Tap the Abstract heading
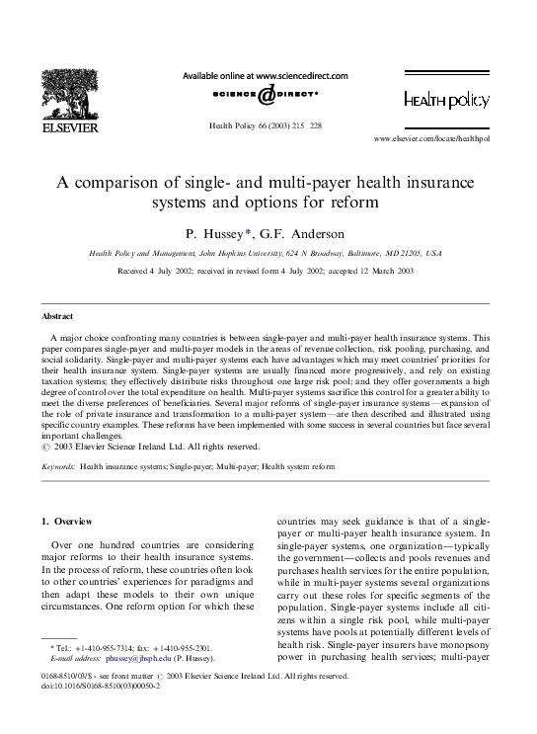[x=56, y=316]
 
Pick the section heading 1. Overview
[x=65, y=520]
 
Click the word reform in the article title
[x=356, y=204]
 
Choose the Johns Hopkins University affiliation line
[x=265, y=254]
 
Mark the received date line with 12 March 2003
[x=265, y=270]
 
